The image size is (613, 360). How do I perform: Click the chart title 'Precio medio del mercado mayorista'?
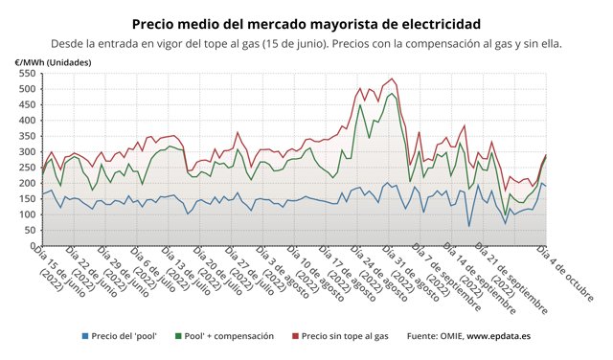(306, 22)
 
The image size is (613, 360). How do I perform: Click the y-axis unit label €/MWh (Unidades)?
(54, 61)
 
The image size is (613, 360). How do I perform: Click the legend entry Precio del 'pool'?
(121, 336)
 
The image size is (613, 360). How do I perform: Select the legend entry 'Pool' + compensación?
(230, 336)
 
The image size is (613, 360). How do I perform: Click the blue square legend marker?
(84, 336)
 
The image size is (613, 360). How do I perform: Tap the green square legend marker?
(182, 336)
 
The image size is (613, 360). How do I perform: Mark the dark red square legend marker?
(294, 336)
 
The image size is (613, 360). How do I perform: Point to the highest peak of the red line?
(392, 79)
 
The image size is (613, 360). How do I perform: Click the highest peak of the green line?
(392, 93)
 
